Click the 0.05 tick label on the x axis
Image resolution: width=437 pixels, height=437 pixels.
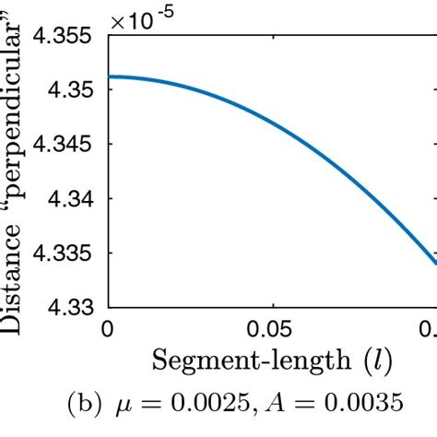tap(272, 328)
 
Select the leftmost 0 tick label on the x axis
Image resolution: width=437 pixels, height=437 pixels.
tap(109, 328)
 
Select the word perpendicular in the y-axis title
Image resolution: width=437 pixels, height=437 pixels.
tap(16, 111)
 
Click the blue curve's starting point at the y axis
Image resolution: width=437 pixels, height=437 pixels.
tap(110, 77)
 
